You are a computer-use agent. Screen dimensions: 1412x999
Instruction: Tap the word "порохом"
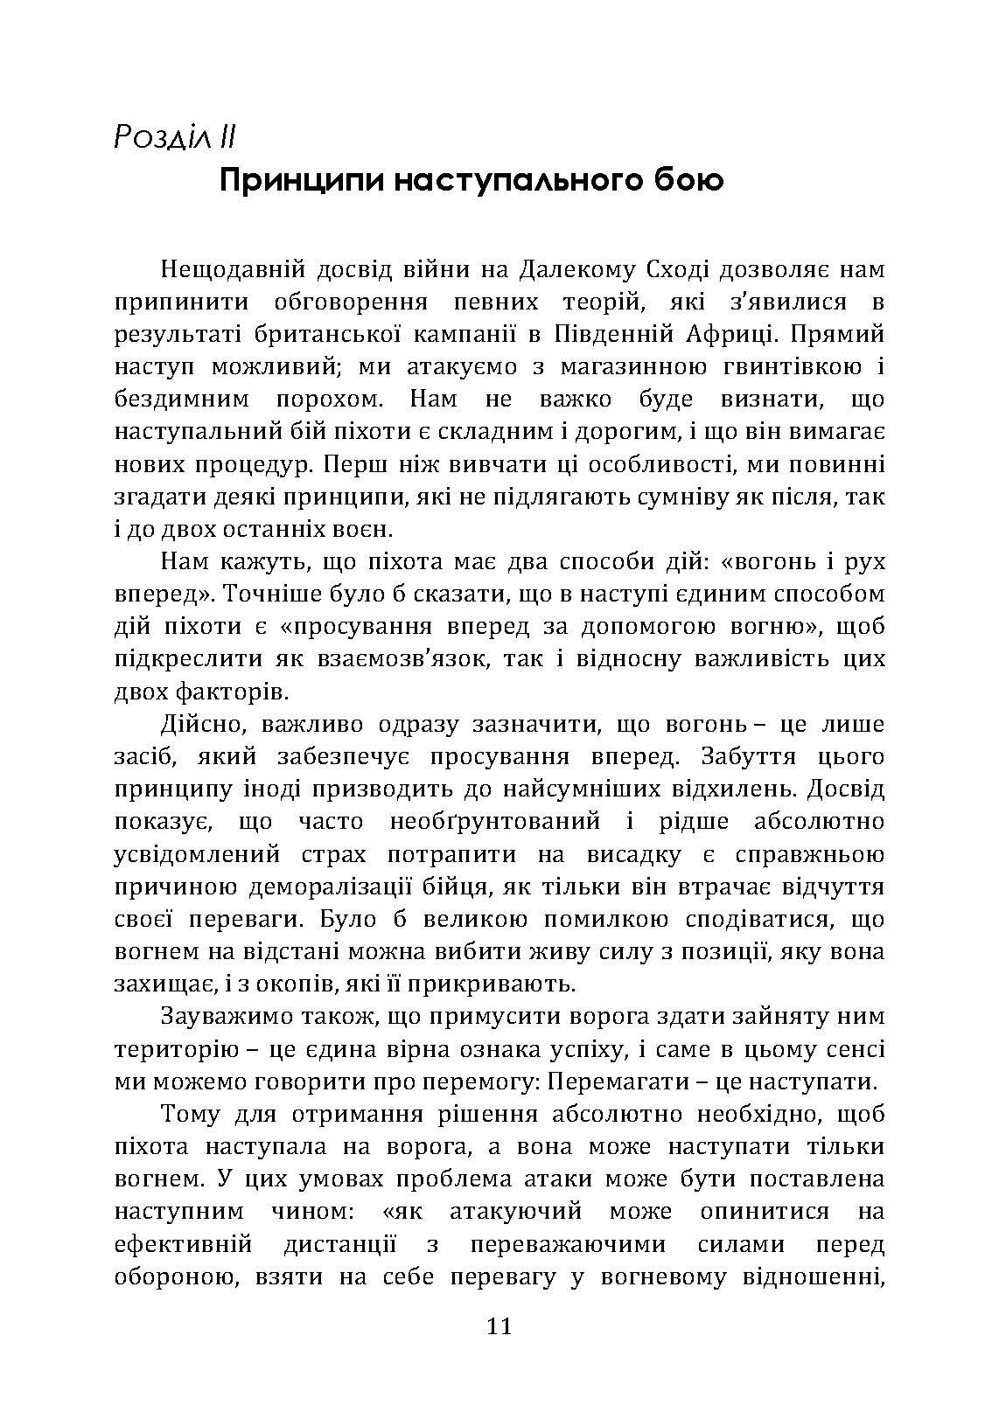pos(320,400)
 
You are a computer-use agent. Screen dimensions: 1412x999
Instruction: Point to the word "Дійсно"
pos(197,725)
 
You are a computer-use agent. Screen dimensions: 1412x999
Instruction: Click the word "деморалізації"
pos(320,887)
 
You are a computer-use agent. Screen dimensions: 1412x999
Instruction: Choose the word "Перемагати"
pos(624,1082)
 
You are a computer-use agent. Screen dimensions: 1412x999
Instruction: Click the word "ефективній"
pos(183,1244)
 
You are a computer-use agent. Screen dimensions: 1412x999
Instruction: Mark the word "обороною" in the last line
pos(171,1276)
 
